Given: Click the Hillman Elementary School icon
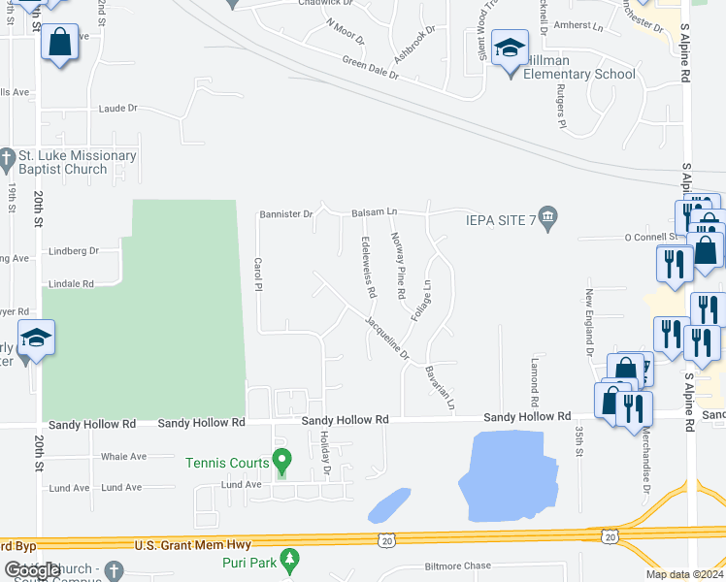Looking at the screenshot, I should (x=510, y=47).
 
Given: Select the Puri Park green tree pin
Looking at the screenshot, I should (x=289, y=559).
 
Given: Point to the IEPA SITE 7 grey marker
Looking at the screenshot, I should (x=548, y=219).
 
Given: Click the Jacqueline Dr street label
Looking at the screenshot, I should (x=387, y=337).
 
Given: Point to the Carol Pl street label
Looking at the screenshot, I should (x=258, y=277).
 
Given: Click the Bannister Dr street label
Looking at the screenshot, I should (x=285, y=213).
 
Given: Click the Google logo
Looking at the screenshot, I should (x=32, y=570).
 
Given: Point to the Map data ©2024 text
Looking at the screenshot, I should (x=684, y=574).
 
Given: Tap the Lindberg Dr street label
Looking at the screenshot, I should (x=74, y=250).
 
